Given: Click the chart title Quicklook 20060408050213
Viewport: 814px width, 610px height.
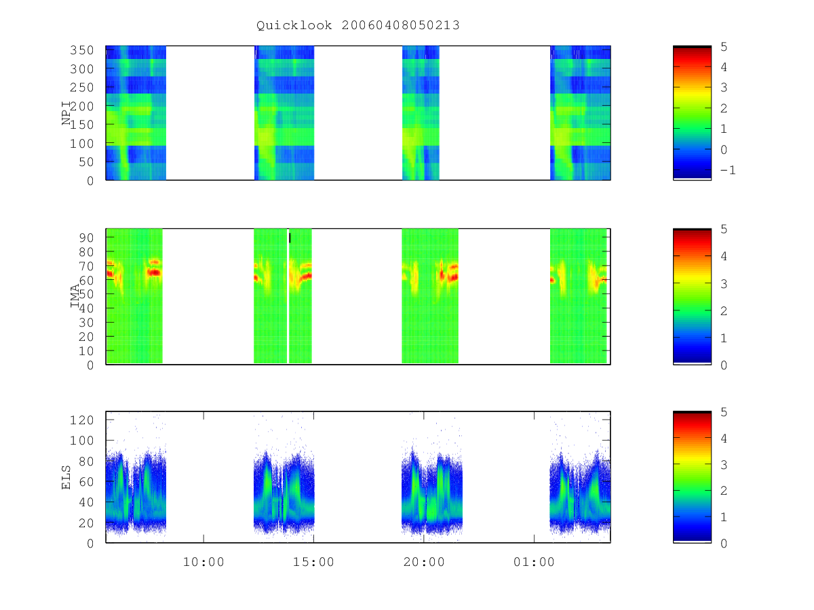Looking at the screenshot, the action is (x=358, y=26).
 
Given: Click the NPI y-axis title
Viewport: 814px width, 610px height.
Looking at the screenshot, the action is (x=66, y=113).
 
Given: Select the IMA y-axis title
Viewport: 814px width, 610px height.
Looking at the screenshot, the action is (x=75, y=296).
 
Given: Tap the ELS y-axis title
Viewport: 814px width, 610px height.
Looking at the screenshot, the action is (x=66, y=477).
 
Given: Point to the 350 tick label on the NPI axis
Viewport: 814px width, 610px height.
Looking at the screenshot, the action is (x=82, y=50).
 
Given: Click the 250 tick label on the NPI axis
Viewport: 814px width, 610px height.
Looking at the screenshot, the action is (x=82, y=87).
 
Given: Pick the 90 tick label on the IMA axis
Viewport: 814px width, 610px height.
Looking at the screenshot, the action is (x=86, y=238).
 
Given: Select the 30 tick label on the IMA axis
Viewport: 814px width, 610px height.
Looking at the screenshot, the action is (x=86, y=323).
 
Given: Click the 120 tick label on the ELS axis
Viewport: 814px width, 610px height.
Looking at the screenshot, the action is (x=82, y=420).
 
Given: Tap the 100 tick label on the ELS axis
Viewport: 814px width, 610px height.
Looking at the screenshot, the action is (x=82, y=441).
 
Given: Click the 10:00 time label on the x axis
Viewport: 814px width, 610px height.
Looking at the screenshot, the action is (x=203, y=562).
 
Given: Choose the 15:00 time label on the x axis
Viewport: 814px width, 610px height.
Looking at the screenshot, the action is (x=314, y=562).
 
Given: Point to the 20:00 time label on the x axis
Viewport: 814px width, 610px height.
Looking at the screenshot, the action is (x=424, y=562).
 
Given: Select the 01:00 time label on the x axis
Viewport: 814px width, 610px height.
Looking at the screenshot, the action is (x=534, y=562).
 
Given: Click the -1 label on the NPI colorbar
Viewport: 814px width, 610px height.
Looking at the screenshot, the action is (x=728, y=170).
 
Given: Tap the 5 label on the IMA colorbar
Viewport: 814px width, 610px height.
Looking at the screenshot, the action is (x=724, y=229).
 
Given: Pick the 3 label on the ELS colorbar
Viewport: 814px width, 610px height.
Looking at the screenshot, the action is (x=724, y=465).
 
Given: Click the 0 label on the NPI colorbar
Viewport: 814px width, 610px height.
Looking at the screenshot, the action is (x=724, y=150).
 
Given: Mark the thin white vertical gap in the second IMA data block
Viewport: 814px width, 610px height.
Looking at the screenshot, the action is (x=288, y=296).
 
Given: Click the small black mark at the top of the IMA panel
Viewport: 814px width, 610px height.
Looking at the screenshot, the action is (x=290, y=238).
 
